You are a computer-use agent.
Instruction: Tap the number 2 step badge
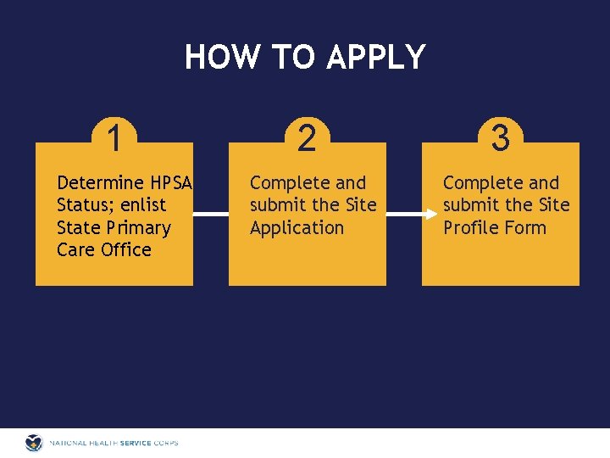(x=307, y=137)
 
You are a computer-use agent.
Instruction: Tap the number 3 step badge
(x=500, y=137)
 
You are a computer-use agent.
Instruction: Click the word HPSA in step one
(x=172, y=183)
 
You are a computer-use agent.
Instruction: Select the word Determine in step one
(x=100, y=183)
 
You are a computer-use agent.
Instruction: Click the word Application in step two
(x=297, y=228)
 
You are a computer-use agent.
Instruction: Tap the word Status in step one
(x=82, y=205)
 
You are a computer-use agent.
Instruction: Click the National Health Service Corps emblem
(x=34, y=443)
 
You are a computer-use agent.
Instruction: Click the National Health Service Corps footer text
(x=114, y=443)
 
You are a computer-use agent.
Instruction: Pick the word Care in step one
(x=75, y=250)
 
